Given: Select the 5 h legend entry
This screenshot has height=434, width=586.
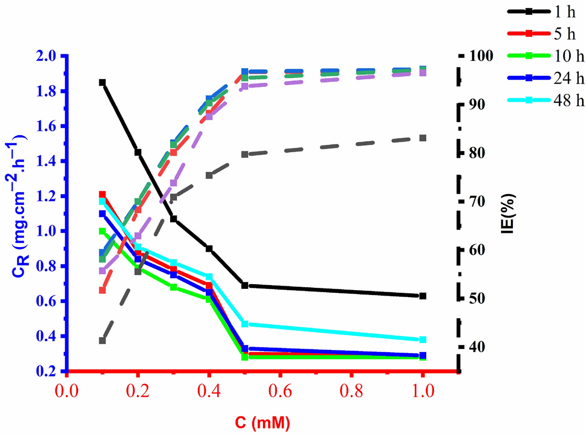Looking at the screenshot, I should [554, 34].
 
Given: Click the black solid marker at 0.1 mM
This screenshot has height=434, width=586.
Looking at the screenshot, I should [102, 82].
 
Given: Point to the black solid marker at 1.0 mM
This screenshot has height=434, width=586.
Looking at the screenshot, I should [422, 296].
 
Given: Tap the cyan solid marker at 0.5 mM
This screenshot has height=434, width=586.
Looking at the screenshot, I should [245, 324].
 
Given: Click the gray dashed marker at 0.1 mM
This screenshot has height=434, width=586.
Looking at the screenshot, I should [102, 341].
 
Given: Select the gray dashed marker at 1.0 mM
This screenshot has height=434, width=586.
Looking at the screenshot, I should [422, 138].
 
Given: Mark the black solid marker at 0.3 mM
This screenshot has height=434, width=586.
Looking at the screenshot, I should [173, 219].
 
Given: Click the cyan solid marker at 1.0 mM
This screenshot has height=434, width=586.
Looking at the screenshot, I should [422, 340].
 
